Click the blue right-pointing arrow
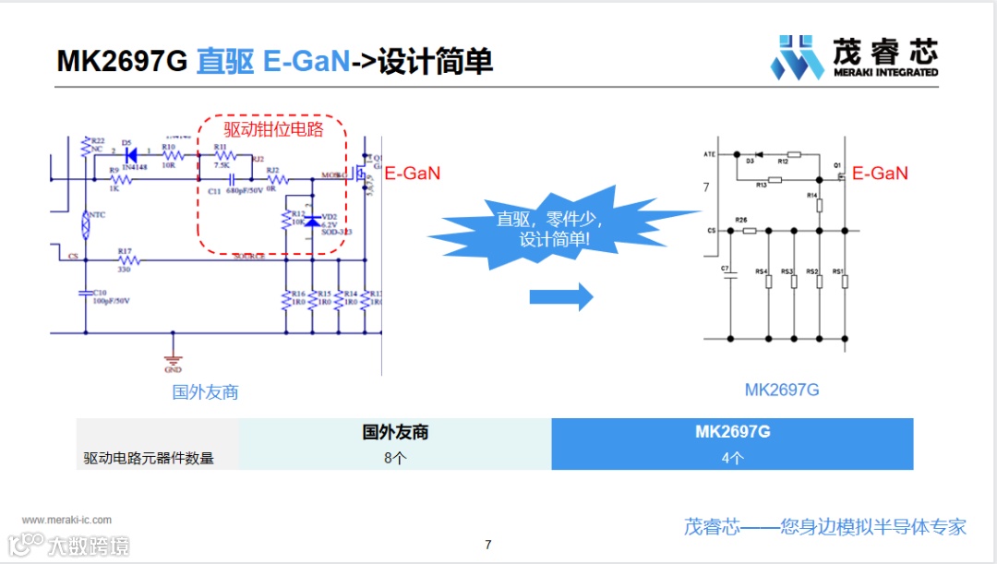(x=560, y=296)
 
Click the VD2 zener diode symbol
(x=312, y=222)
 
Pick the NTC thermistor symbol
(x=86, y=222)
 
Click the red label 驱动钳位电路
(x=273, y=129)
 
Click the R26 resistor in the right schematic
(x=749, y=231)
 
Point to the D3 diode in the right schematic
(x=757, y=153)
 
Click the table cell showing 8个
(x=395, y=458)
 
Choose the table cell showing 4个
(x=732, y=458)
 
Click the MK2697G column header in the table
(x=732, y=432)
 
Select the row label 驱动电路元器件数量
(x=149, y=458)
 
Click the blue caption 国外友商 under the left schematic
(x=205, y=392)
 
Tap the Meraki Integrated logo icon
(x=796, y=57)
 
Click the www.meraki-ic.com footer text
(x=66, y=520)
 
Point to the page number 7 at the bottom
(x=488, y=545)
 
